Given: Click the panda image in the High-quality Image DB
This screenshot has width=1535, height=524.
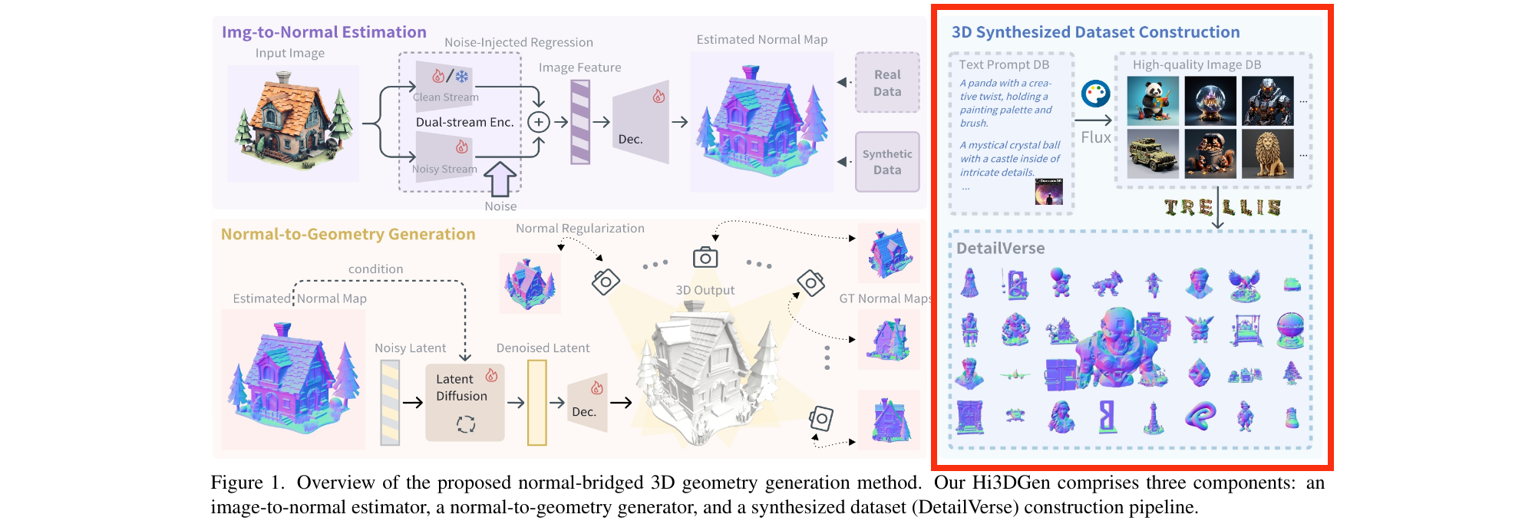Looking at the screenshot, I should pos(1153,101).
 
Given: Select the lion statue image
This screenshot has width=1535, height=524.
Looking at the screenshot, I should pos(1267,153).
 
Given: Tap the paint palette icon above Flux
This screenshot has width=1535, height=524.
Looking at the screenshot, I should pos(1095,94).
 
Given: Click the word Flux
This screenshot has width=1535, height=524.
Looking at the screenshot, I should pos(1095,137).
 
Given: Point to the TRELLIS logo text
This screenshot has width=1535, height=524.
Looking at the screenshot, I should pos(1222,207).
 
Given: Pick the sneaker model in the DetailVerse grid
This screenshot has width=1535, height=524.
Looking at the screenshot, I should pos(1292,417).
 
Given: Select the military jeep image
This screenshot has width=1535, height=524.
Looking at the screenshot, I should pos(1153,153).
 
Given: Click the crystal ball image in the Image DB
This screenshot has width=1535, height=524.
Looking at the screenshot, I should pos(1210,101).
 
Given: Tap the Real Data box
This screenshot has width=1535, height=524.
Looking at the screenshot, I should pos(887,83).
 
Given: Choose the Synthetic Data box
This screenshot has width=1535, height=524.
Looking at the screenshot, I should pos(887,162).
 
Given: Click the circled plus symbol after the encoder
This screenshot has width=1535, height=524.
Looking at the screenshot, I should pos(539,122).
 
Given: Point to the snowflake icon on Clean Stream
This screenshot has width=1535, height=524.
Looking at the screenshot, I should pos(462,77).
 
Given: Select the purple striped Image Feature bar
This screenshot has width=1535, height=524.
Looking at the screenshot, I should pos(580,122).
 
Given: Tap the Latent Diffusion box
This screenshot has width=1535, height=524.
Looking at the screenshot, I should pos(464,402).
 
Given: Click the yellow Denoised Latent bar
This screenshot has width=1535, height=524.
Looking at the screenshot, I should pos(537,403).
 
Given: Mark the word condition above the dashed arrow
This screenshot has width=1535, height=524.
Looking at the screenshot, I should pos(375,269).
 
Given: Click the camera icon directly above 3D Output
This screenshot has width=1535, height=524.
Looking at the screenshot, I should pos(705,258).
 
